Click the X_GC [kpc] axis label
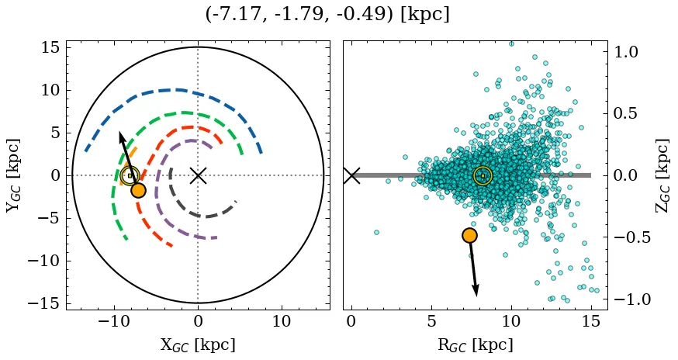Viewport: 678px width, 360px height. [x=198, y=344]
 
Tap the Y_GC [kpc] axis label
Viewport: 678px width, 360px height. [x=13, y=175]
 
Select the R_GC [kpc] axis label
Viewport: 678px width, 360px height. [x=475, y=344]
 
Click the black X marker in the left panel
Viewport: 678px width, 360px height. [x=198, y=175]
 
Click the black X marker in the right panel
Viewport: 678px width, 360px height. [x=351, y=175]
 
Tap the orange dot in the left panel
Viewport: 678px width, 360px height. [x=138, y=190]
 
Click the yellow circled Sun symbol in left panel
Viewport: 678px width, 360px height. [x=130, y=175]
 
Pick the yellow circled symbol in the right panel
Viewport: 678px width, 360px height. [x=483, y=175]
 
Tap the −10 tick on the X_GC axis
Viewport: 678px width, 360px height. [x=115, y=321]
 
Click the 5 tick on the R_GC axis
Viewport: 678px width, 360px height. [x=431, y=321]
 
